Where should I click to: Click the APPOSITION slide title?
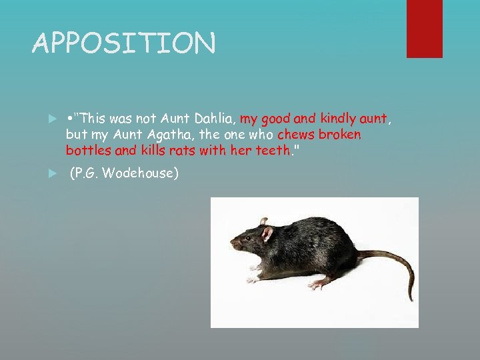pyautogui.click(x=124, y=44)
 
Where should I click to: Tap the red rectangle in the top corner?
pyautogui.click(x=424, y=28)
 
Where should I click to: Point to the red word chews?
pyautogui.click(x=297, y=135)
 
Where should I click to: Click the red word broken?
pyautogui.click(x=340, y=135)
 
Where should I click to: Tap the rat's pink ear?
pyautogui.click(x=267, y=233)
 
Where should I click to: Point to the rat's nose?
pyautogui.click(x=231, y=245)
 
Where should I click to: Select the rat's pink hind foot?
pyautogui.click(x=318, y=283)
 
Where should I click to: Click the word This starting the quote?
pyautogui.click(x=91, y=120)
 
